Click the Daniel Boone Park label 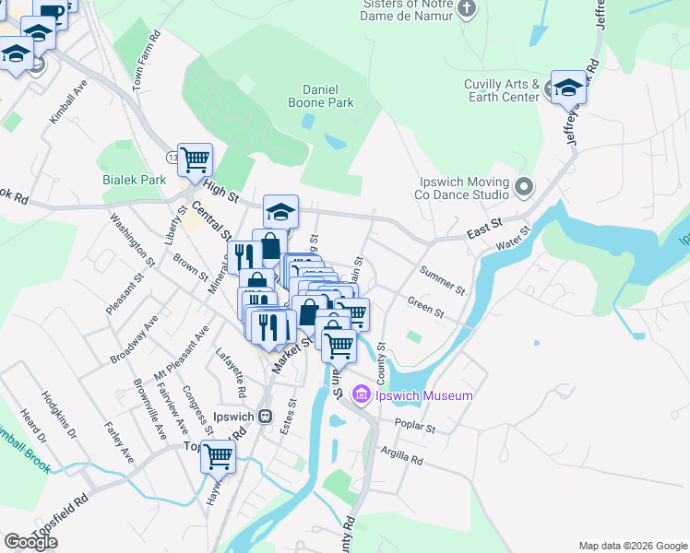coord(328,96)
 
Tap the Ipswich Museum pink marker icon coord(361,395)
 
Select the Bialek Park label coord(134,180)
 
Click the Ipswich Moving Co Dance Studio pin coord(524,188)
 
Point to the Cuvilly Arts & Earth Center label coord(502,90)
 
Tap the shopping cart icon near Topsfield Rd coord(219,455)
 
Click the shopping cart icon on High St coord(196,159)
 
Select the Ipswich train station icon coord(266,415)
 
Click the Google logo coord(30,542)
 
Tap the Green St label coord(425,307)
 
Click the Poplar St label coord(413,428)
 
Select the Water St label coord(515,237)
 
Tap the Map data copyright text coord(633,546)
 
